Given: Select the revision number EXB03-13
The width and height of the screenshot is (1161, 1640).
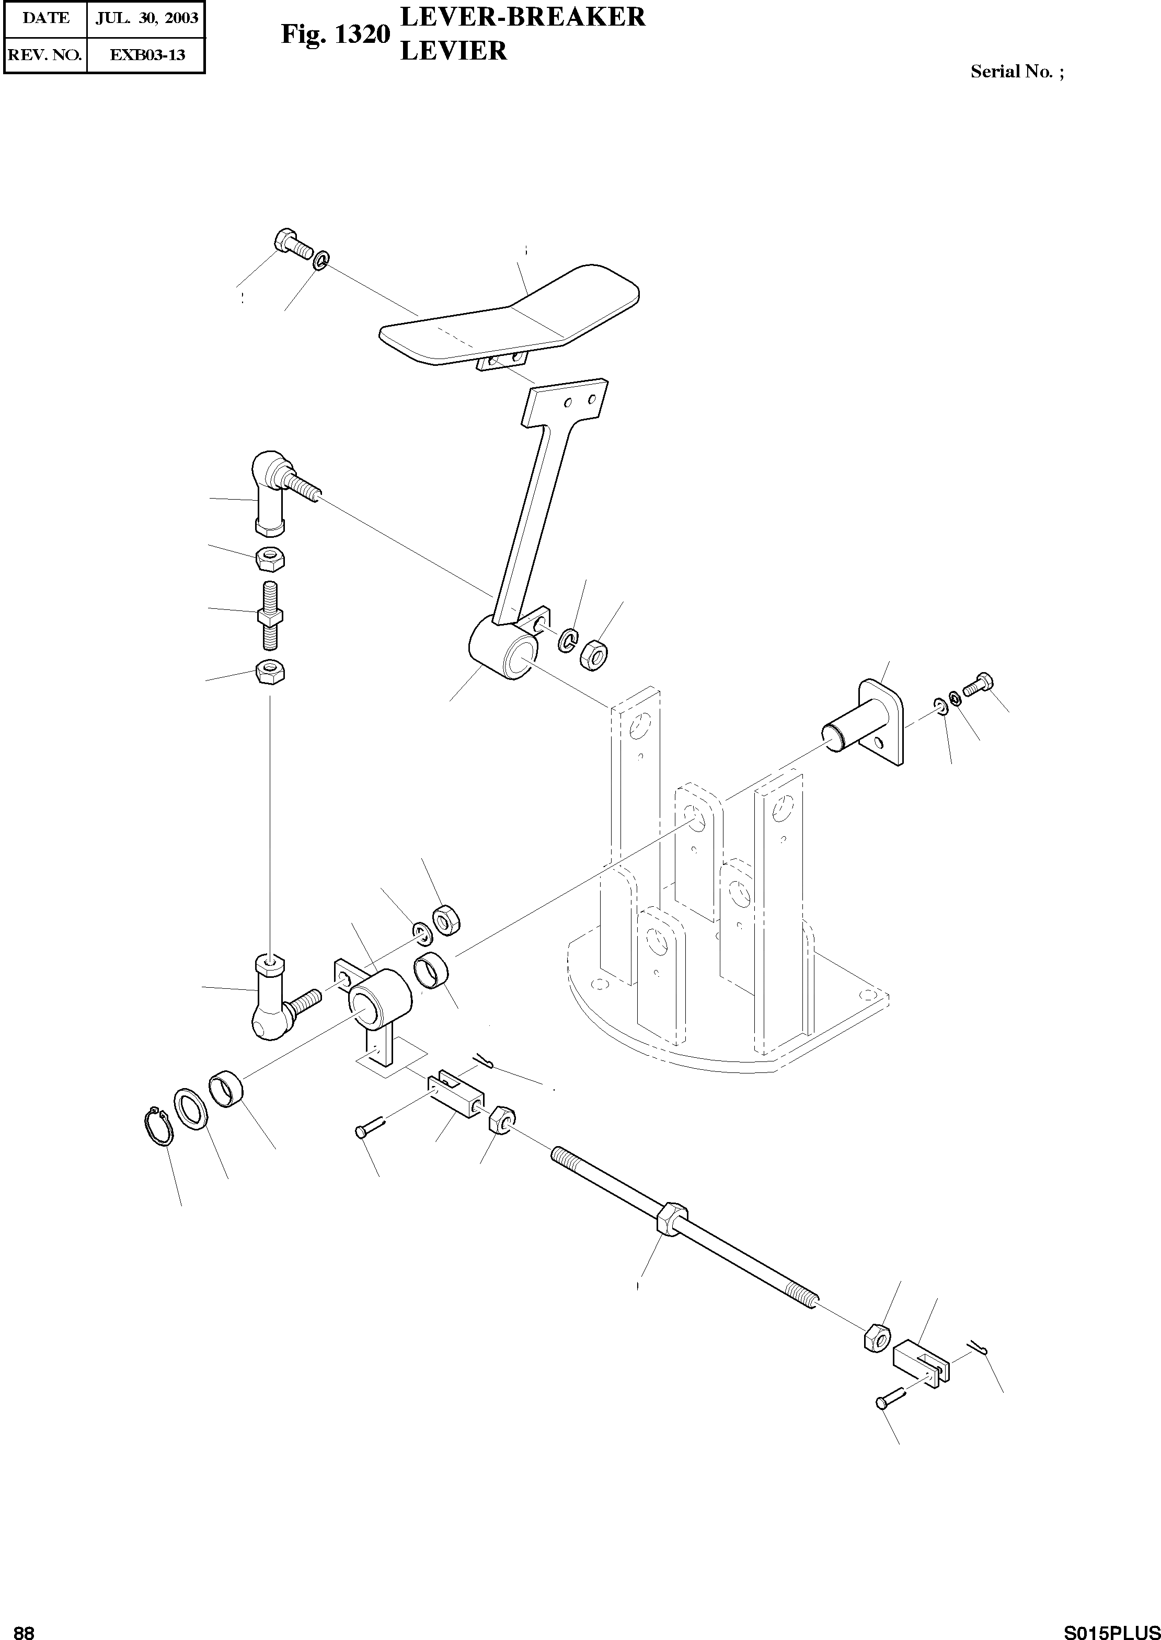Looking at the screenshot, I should (x=146, y=54).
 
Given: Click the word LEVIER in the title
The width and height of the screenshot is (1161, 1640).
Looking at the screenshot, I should (x=453, y=51).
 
